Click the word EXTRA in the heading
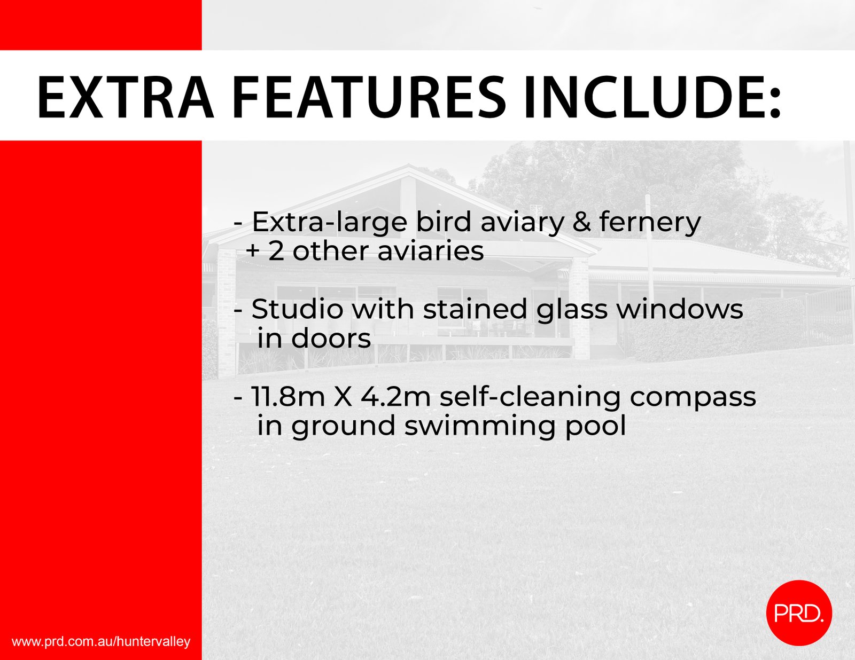coord(126,97)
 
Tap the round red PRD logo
coord(799,613)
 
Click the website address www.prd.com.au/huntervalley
coord(101,642)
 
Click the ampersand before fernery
coord(581,222)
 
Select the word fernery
coord(650,223)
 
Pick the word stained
coord(475,309)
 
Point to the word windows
coord(680,309)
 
